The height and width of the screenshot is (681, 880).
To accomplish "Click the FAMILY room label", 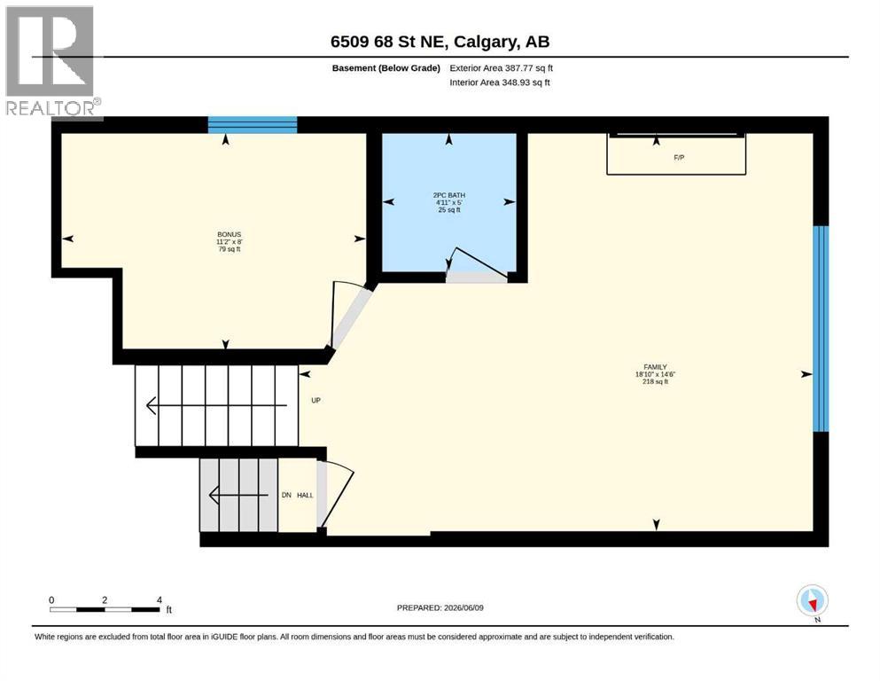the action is click(x=655, y=367).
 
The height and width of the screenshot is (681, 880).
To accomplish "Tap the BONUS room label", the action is click(x=229, y=235).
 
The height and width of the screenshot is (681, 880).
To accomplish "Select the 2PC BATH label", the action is click(x=449, y=195).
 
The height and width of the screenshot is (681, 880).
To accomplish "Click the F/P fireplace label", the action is click(x=679, y=158).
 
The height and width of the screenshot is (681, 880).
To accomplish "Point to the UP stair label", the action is click(x=316, y=400).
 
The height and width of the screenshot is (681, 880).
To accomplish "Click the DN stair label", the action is click(x=286, y=495).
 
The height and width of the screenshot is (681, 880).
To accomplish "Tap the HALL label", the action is click(x=305, y=495).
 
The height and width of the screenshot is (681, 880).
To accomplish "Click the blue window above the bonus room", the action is click(x=253, y=125).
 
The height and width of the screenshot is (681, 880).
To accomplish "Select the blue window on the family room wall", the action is click(x=821, y=328).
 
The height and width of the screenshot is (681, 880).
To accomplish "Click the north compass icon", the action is click(x=812, y=601).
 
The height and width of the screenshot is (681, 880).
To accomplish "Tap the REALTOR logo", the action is click(x=51, y=62).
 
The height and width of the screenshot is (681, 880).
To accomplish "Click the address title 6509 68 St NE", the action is click(x=389, y=42).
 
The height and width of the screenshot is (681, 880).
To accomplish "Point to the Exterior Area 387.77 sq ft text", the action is click(x=502, y=68).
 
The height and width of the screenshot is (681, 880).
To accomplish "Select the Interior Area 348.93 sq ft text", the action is click(x=500, y=82).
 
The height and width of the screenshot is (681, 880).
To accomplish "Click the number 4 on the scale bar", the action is click(x=160, y=600).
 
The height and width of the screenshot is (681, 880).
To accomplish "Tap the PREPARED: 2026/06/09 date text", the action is click(x=440, y=607).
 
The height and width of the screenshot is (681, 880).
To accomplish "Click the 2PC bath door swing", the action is click(x=477, y=265).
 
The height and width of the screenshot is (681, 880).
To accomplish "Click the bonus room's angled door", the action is click(x=348, y=315).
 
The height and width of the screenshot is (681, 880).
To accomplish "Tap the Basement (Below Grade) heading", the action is click(x=386, y=68).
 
